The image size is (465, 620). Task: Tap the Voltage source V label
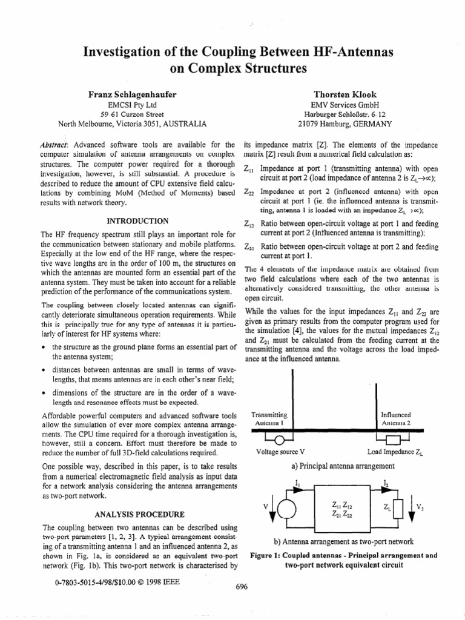tap(280, 452)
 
